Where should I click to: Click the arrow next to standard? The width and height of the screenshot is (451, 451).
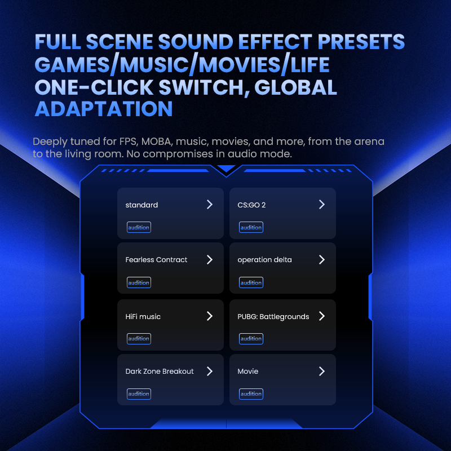[210, 205]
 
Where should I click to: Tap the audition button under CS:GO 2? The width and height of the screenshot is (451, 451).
[251, 227]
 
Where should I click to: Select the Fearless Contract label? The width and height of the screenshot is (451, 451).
[156, 260]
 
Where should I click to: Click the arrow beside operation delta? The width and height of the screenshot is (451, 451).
[322, 260]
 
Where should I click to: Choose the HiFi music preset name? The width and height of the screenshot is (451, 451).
[143, 317]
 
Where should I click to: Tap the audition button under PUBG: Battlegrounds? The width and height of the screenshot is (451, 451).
[251, 338]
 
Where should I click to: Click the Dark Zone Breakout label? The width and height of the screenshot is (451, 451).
[160, 372]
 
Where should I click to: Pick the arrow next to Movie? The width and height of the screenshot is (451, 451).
[322, 372]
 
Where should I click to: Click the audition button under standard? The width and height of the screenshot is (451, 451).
[139, 227]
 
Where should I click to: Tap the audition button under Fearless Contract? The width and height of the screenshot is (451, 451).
[139, 282]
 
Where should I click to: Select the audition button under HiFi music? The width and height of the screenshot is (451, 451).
[139, 338]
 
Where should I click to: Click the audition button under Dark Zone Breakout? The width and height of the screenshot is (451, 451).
[139, 393]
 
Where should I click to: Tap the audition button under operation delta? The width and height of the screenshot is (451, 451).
[251, 282]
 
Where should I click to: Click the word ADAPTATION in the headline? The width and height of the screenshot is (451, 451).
[104, 108]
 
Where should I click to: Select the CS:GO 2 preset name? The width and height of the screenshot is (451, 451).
[251, 205]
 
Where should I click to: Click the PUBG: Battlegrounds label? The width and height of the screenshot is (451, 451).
[273, 317]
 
